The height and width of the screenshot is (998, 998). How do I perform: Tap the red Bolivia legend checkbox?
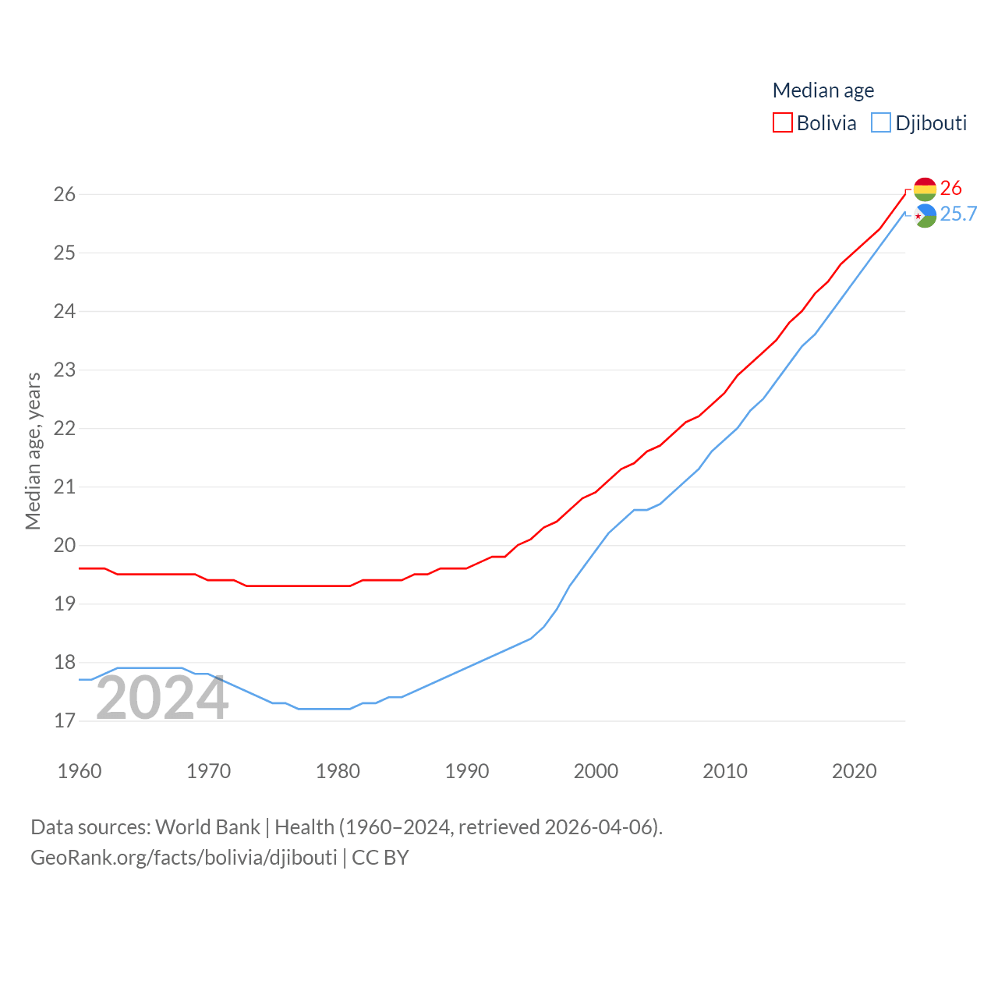(x=783, y=123)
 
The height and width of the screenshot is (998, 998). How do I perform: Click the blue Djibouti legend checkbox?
(x=881, y=123)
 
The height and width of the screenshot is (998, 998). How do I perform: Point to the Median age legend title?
(x=823, y=90)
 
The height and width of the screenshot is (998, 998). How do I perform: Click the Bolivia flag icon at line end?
(x=925, y=189)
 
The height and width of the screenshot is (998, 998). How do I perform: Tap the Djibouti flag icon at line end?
(x=925, y=215)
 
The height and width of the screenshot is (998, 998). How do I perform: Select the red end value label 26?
(x=950, y=188)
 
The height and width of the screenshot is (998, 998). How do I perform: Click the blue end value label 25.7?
(x=958, y=214)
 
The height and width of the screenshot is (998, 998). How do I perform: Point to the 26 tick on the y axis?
(x=65, y=194)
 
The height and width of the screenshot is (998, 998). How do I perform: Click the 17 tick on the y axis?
(x=65, y=720)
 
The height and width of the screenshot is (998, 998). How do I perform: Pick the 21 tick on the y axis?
(x=65, y=487)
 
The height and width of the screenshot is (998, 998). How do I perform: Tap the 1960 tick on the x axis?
(x=80, y=771)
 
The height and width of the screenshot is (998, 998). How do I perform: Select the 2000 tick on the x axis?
(x=596, y=771)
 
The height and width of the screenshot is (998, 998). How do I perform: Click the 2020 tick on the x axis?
(x=854, y=771)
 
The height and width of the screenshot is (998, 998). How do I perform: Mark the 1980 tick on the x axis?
(x=338, y=771)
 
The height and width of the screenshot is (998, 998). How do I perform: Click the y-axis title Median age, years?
(x=33, y=451)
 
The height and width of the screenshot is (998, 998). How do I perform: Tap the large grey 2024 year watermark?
(x=162, y=698)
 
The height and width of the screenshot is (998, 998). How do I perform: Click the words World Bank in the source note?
(x=207, y=826)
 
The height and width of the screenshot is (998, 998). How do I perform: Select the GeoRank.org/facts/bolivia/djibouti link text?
(x=184, y=858)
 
